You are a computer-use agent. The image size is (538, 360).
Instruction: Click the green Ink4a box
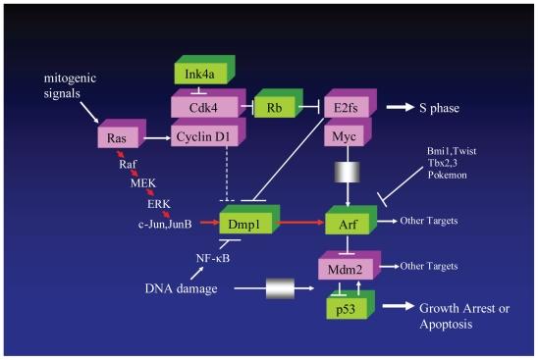[200, 75]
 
